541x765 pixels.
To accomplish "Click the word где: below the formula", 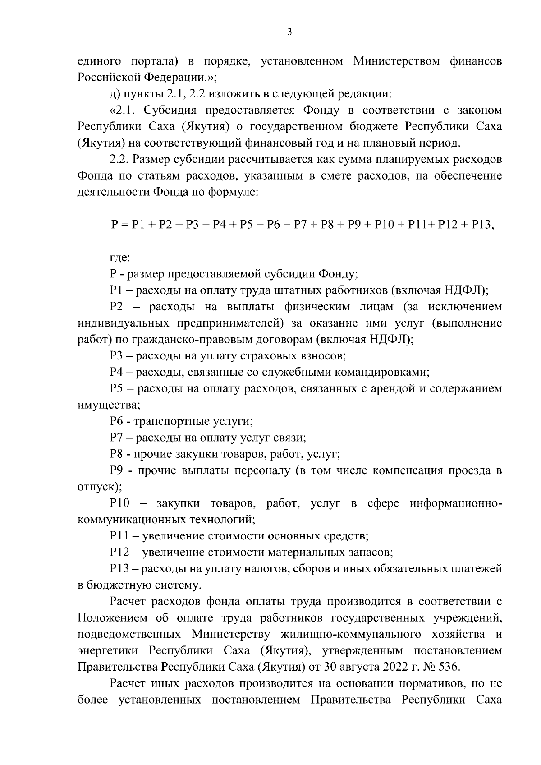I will [120, 258].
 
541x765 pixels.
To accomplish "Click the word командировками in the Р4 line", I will [380, 373].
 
